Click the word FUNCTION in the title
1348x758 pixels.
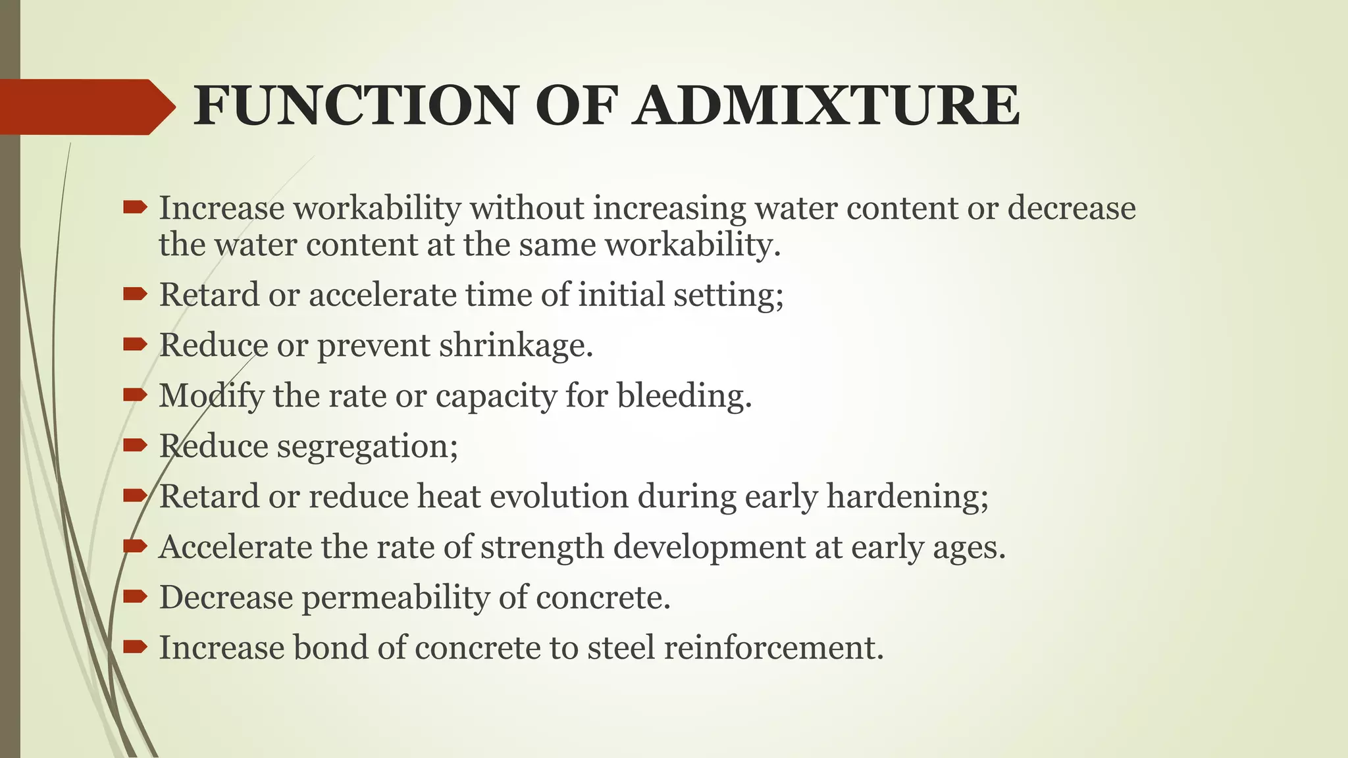(355, 106)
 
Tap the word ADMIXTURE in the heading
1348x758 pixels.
(826, 106)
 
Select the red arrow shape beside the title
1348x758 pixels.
(86, 107)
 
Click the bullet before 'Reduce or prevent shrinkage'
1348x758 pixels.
(135, 343)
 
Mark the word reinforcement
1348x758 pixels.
(773, 648)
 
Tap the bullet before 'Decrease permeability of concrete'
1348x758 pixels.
(135, 596)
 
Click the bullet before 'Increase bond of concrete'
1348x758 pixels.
(135, 647)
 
